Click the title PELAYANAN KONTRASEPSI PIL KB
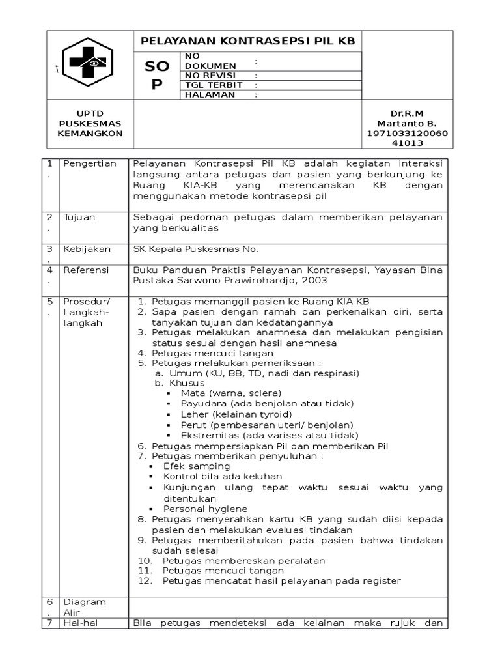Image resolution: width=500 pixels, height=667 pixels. (248, 41)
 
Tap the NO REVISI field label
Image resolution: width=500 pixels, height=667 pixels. (210, 75)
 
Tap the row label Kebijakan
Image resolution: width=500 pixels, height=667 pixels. (87, 249)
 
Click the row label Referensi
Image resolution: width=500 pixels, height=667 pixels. (86, 270)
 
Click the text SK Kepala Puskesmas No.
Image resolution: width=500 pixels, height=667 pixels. (195, 249)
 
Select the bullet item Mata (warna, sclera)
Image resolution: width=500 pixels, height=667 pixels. (231, 393)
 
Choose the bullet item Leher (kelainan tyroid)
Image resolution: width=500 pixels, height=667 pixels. (236, 414)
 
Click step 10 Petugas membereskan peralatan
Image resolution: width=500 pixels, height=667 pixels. (243, 560)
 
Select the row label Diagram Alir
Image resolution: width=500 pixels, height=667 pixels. (84, 607)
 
